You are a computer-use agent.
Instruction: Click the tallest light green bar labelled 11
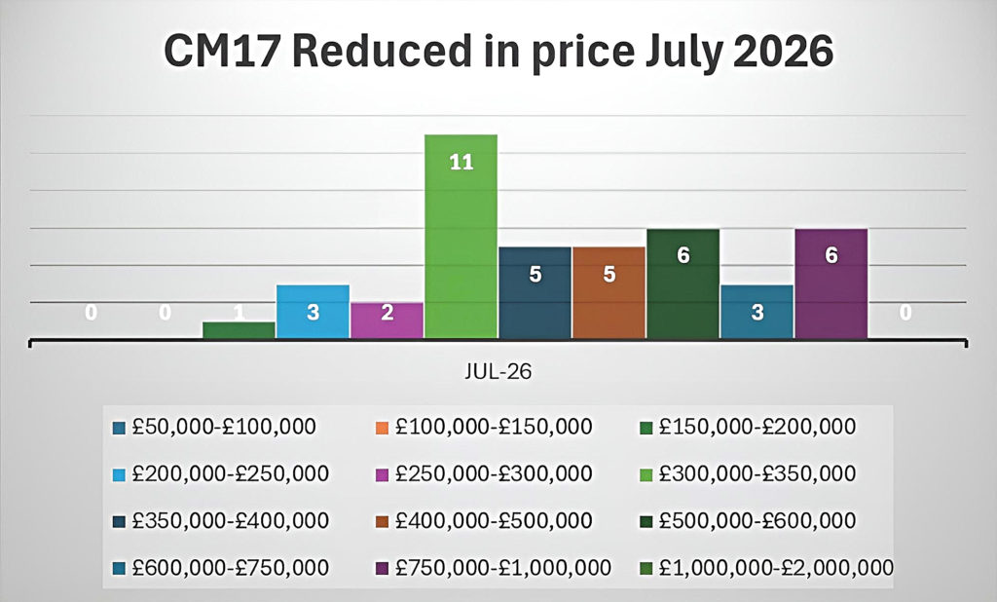point(461,236)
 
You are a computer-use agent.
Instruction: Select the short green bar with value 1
point(240,330)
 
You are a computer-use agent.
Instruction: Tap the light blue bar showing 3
point(313,312)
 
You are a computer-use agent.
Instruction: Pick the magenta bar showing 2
point(387,320)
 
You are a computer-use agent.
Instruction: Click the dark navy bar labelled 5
point(535,293)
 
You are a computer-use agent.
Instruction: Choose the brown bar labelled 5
point(609,293)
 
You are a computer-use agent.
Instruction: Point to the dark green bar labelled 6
point(683,283)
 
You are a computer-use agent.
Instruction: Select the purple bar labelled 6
point(831,283)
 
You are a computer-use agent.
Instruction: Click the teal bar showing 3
point(757,312)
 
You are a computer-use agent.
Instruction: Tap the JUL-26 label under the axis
point(498,371)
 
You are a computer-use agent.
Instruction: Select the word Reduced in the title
point(382,51)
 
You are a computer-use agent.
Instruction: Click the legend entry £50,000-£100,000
point(214,427)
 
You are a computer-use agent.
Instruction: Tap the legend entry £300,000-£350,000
point(748,473)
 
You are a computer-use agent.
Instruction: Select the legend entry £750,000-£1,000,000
point(494,568)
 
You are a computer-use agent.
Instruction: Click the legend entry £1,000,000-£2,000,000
point(767,568)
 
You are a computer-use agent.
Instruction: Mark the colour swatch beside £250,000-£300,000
point(382,474)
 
